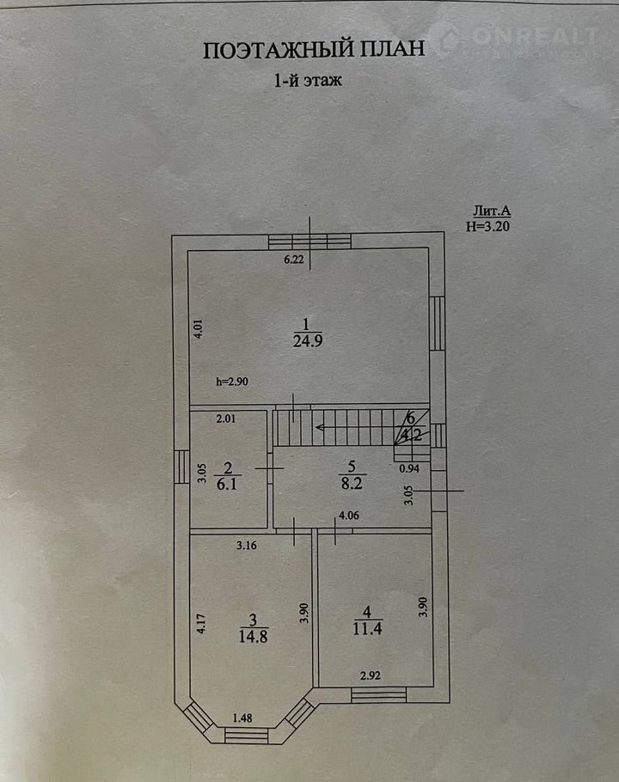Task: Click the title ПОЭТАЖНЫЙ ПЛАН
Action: pos(314,50)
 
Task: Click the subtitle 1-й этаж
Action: pos(309,80)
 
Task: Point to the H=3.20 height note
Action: pos(487,226)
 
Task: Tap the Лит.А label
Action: pos(492,211)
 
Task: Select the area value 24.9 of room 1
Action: pos(308,341)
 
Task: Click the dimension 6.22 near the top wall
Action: pos(294,260)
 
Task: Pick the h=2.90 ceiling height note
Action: pos(232,382)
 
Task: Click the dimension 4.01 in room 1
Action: pos(199,329)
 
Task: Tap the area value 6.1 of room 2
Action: pos(226,484)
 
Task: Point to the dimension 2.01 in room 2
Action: pos(226,419)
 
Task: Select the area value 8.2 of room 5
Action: pos(352,483)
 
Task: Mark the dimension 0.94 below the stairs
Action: pos(409,469)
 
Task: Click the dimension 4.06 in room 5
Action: pos(349,516)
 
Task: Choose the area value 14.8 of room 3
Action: pos(254,637)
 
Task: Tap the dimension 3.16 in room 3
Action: pos(247,546)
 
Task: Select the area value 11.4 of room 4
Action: pos(368,628)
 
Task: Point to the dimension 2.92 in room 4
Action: pos(370,675)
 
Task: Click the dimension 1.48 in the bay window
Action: pos(242,718)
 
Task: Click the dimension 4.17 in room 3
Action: pos(201,623)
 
